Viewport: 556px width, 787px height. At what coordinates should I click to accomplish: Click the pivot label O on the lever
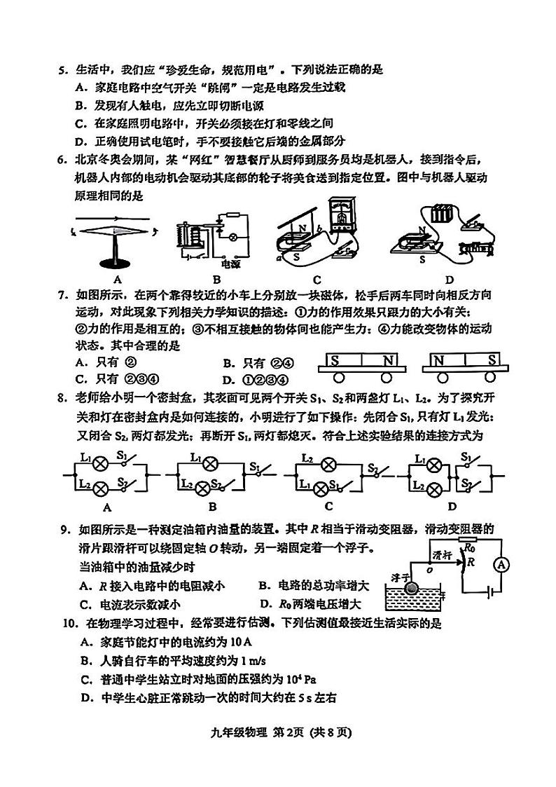[428, 569]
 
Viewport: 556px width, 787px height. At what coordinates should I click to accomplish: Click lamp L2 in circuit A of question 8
[99, 486]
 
